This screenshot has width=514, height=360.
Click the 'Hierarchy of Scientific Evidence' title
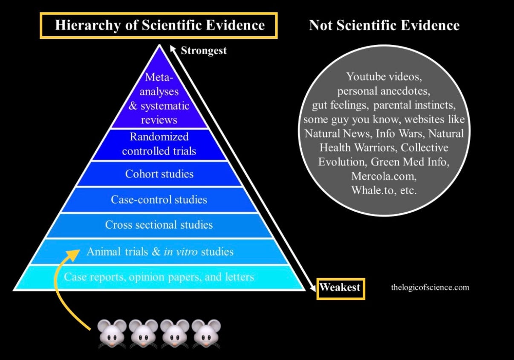159,25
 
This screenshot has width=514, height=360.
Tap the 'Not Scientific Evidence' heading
384,26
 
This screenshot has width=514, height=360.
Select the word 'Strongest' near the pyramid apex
203,51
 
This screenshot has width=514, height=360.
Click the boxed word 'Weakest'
340,287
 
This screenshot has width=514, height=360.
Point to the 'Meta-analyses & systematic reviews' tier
159,99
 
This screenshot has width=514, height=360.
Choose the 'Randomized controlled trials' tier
159,144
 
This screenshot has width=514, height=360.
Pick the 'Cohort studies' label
159,174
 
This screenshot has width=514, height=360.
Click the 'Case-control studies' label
159,200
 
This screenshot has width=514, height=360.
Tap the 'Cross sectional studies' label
159,225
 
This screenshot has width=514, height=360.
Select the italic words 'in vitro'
180,252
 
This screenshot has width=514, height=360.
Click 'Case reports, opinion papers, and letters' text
159,277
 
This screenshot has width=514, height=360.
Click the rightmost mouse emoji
206,333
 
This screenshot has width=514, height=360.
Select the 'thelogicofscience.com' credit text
430,287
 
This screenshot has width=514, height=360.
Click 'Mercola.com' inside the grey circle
384,176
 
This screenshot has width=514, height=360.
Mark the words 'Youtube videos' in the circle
384,77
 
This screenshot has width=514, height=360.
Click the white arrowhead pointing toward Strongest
173,49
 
